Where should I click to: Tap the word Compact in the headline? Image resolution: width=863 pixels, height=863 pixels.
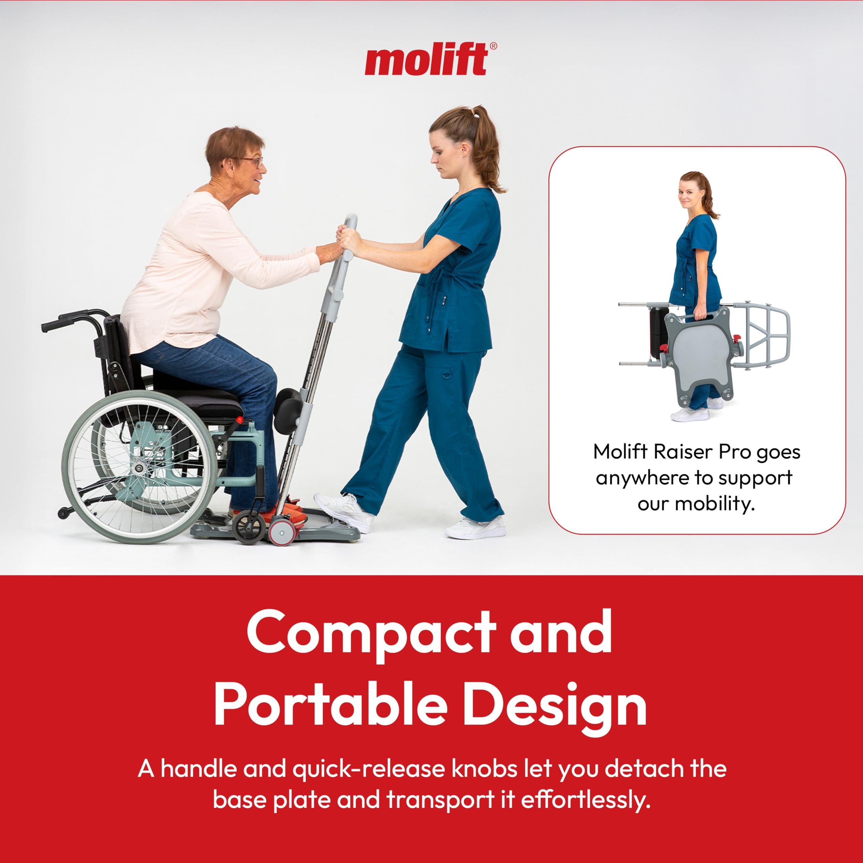point(371,634)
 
